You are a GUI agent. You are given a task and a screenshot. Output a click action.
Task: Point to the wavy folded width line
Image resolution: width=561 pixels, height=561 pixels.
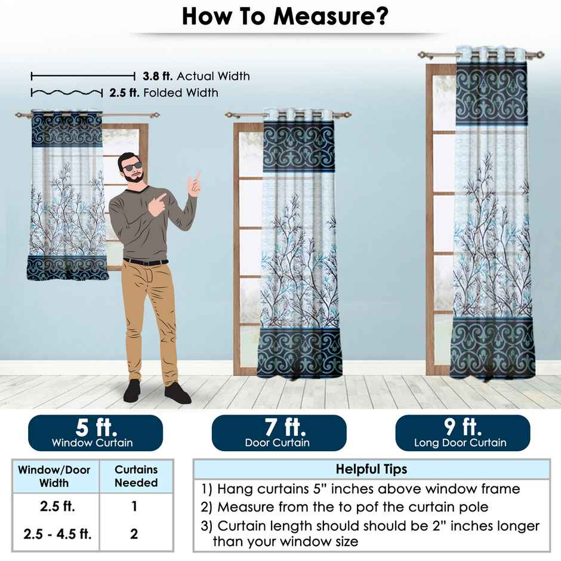click(x=66, y=93)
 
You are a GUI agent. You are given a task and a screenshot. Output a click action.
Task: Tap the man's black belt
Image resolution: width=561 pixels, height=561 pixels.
click(x=146, y=261)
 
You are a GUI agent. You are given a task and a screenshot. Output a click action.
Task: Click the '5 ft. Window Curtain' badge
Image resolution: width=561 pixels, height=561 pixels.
click(x=95, y=433)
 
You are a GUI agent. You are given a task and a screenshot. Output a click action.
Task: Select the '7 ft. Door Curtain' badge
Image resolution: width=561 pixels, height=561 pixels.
click(x=279, y=433)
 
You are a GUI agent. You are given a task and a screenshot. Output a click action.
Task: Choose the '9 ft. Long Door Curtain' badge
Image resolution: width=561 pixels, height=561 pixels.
click(x=463, y=433)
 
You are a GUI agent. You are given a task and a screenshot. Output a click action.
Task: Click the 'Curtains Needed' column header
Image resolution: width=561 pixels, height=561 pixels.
click(x=136, y=476)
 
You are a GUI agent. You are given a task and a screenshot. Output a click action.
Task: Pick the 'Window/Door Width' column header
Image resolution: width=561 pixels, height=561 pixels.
click(x=54, y=476)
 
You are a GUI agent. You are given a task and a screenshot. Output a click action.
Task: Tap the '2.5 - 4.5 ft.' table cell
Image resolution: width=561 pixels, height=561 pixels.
click(x=58, y=534)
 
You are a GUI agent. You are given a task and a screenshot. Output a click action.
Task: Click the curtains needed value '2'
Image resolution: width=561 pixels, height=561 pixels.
click(x=134, y=534)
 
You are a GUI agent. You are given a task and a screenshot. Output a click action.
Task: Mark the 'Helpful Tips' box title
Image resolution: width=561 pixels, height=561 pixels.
click(x=371, y=469)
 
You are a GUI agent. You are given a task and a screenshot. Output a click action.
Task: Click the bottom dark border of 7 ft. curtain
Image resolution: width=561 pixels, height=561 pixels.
click(x=300, y=352)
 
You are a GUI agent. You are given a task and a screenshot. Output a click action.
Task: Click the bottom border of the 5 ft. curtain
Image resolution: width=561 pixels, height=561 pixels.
click(x=67, y=268)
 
